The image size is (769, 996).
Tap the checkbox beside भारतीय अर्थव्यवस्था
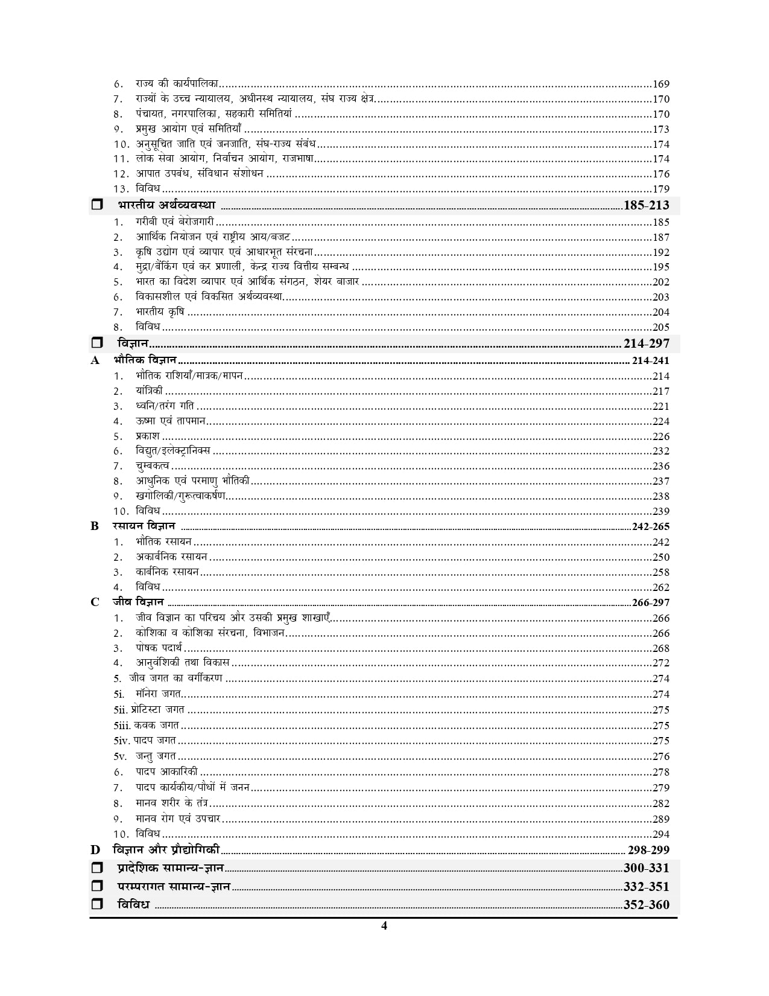[x=97, y=205]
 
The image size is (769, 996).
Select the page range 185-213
[x=647, y=205]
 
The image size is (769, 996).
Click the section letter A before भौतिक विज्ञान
[x=95, y=361]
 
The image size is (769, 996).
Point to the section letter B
[x=95, y=526]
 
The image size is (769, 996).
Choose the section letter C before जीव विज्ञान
[x=95, y=602]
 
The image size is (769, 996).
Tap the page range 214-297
[x=647, y=344]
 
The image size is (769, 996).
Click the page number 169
[x=661, y=85]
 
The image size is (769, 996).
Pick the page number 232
[x=661, y=451]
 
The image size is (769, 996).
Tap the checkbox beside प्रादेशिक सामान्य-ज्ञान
[x=97, y=869]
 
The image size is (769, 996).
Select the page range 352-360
[x=647, y=905]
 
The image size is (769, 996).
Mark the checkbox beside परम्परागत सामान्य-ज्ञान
[x=97, y=887]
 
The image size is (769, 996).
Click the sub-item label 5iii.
[x=122, y=726]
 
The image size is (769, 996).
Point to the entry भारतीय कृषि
[x=160, y=312]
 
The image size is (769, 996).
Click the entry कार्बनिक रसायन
[x=167, y=572]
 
